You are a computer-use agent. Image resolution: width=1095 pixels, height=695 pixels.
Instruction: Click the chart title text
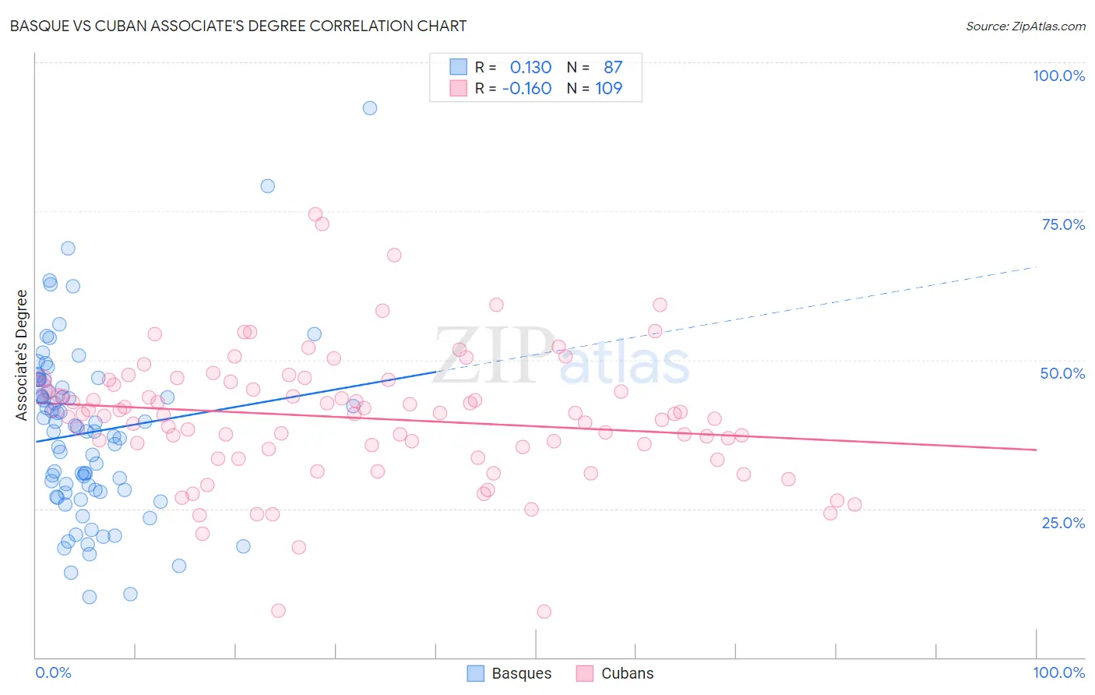[238, 26]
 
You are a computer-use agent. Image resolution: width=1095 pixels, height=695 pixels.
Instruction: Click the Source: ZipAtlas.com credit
[1025, 26]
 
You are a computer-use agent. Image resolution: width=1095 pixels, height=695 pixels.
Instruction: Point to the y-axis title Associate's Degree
[22, 355]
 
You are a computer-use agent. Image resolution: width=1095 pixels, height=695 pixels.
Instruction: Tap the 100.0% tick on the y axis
[1058, 76]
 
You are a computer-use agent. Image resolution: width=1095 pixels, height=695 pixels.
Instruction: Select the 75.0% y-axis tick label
[1063, 224]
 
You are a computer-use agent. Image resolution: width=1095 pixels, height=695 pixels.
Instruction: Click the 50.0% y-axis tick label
[1062, 373]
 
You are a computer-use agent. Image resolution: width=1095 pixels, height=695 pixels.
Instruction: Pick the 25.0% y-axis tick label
[1063, 522]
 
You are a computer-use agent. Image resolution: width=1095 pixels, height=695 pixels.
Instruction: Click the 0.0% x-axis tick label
[53, 672]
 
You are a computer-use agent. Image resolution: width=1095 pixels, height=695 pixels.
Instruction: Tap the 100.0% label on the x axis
[1058, 672]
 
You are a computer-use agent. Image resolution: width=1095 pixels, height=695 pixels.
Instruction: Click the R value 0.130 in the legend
[530, 68]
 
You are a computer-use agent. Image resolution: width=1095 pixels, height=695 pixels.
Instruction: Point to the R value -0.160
[526, 89]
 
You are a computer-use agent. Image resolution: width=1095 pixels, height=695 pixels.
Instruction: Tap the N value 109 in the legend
[608, 89]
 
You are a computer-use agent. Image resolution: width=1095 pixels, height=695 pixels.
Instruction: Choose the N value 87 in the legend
[613, 68]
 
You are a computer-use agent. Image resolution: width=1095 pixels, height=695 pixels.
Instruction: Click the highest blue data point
[370, 108]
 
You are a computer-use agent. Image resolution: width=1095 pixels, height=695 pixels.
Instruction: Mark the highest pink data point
[315, 214]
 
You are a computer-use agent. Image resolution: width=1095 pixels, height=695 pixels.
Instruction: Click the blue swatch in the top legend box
[458, 67]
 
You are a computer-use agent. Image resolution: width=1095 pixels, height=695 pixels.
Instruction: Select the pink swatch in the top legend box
[458, 88]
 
